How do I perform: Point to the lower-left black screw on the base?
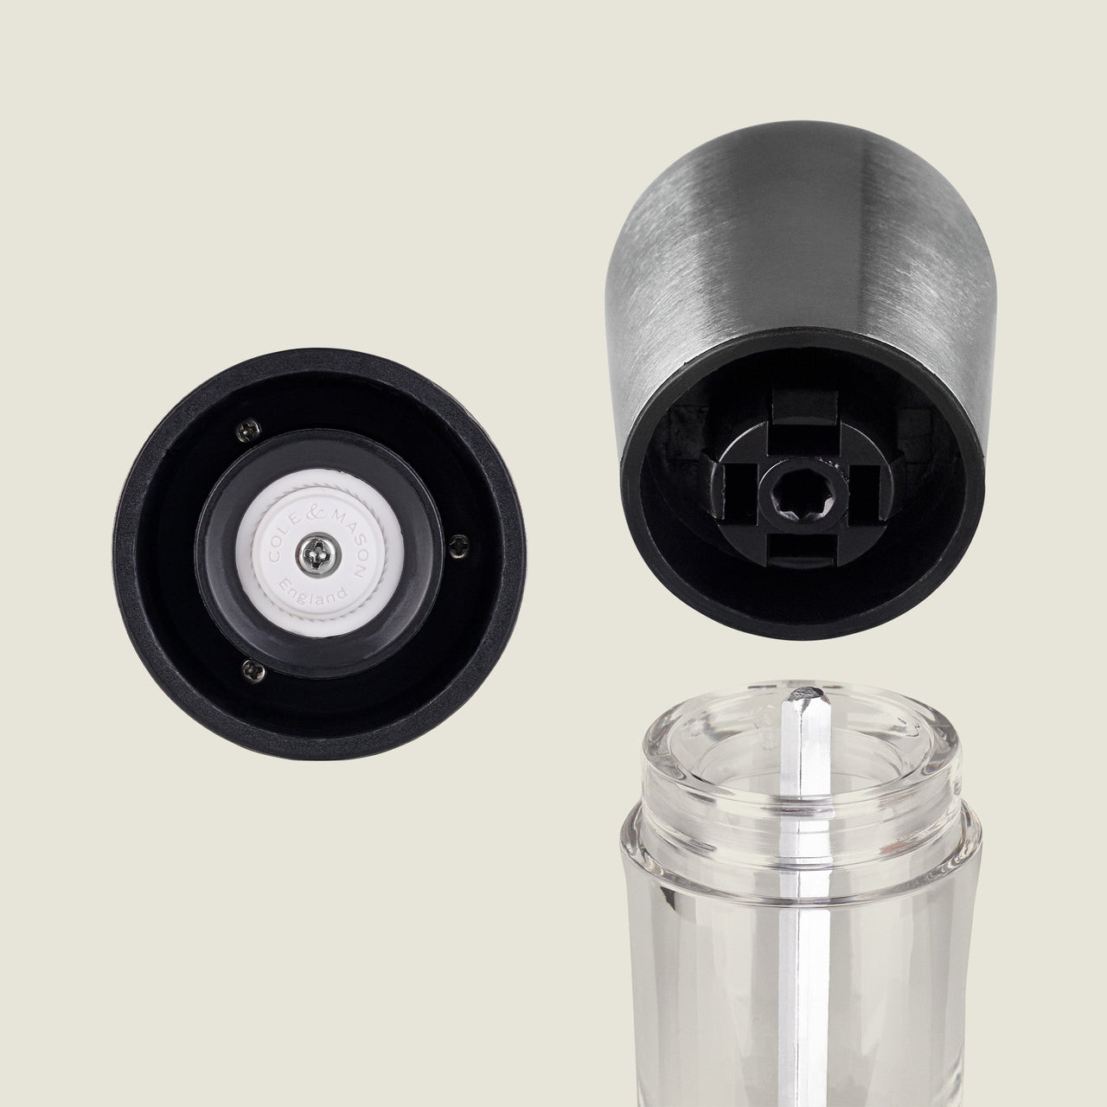[x=253, y=670]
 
